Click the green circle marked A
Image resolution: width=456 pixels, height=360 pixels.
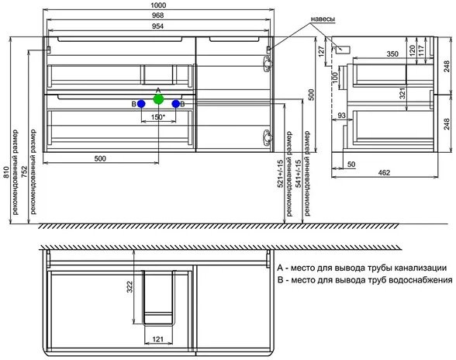click(158, 99)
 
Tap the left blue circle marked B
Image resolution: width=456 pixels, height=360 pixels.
click(141, 104)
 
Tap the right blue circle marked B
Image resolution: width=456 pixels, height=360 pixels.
click(175, 104)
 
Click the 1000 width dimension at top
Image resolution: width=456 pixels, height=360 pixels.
click(159, 5)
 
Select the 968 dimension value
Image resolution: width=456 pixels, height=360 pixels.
click(158, 16)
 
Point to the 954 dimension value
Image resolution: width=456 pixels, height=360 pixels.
click(157, 26)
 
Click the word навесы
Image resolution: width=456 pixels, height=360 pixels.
click(323, 19)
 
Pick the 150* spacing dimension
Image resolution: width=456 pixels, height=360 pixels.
click(158, 117)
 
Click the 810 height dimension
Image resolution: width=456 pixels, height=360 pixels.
click(7, 172)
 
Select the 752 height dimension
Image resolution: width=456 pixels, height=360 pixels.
click(25, 172)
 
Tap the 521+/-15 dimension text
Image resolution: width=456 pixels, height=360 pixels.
click(280, 174)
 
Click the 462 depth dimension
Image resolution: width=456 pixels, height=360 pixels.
click(384, 172)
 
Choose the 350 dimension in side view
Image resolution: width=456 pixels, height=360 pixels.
click(392, 54)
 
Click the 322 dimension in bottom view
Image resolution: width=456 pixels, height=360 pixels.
click(130, 286)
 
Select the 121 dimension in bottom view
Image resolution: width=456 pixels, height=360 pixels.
click(158, 339)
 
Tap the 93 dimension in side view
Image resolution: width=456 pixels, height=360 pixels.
click(341, 116)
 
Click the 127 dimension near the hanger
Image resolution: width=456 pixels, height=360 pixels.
click(321, 51)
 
